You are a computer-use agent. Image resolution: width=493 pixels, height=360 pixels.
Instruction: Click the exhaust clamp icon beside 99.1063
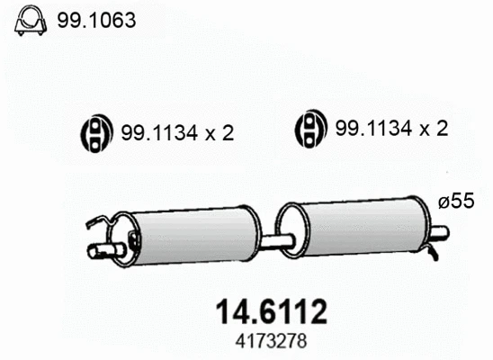[31, 20]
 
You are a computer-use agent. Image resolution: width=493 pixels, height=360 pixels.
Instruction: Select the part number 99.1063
[96, 20]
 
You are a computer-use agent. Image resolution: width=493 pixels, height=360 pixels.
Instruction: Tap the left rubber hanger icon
[96, 133]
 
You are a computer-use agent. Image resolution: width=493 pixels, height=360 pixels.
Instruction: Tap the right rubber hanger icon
[310, 129]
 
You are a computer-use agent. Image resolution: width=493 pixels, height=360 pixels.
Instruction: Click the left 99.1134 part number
[159, 133]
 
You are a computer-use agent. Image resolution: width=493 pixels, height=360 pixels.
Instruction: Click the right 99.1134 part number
[374, 129]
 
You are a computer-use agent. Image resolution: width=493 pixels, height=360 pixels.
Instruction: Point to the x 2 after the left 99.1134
[220, 133]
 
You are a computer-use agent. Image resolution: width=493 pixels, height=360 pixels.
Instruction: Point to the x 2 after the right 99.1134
[434, 129]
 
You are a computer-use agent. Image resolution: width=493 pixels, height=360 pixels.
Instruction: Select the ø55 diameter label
[456, 201]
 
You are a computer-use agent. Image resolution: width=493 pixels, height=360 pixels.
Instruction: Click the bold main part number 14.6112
[272, 311]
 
